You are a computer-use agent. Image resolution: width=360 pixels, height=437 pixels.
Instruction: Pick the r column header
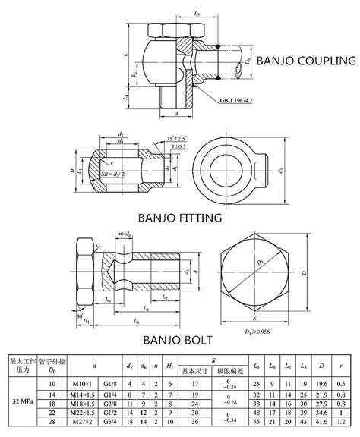point(344,360)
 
